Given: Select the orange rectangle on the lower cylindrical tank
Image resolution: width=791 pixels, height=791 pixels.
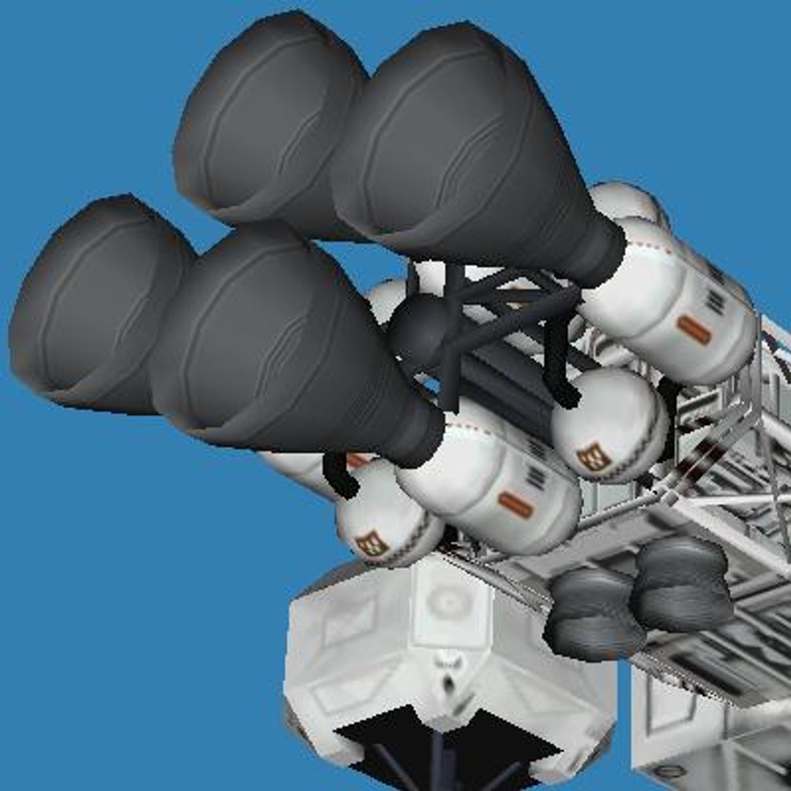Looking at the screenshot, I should (516, 505).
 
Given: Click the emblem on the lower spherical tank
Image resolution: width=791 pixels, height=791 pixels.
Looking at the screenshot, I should (372, 543).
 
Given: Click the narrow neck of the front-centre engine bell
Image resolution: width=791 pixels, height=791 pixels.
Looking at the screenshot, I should (417, 436).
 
